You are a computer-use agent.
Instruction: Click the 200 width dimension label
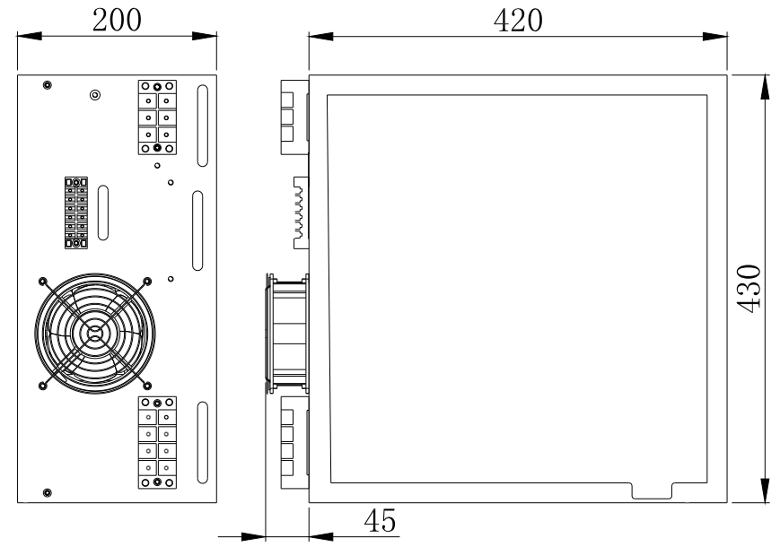[x=118, y=20]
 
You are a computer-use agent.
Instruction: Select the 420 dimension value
[x=519, y=20]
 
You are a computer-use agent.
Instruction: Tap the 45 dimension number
[x=380, y=520]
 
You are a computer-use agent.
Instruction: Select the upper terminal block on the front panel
[x=157, y=117]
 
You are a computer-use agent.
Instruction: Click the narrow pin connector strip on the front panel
[x=75, y=213]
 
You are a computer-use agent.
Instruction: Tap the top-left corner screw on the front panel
[x=47, y=84]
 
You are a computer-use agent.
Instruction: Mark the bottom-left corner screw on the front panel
[x=47, y=492]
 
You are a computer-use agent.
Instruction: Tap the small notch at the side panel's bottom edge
[x=653, y=491]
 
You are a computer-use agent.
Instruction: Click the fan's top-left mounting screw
[x=43, y=280]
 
